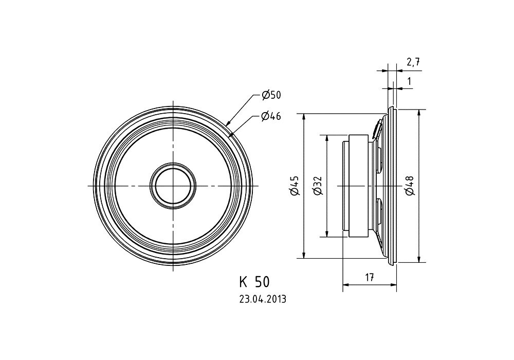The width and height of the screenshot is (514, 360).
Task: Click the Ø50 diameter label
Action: tap(271, 95)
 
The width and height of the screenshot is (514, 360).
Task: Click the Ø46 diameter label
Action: tap(271, 116)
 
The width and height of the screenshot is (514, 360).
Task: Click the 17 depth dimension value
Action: tap(369, 278)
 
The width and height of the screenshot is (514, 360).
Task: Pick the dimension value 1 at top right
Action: tap(409, 81)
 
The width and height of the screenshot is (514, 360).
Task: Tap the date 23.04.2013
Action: tap(262, 299)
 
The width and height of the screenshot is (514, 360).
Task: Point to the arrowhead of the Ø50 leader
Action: tap(228, 124)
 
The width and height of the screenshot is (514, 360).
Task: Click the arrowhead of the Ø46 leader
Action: tap(232, 135)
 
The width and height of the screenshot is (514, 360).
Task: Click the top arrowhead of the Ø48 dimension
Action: tap(420, 112)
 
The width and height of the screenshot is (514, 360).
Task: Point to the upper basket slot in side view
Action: tap(379, 159)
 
